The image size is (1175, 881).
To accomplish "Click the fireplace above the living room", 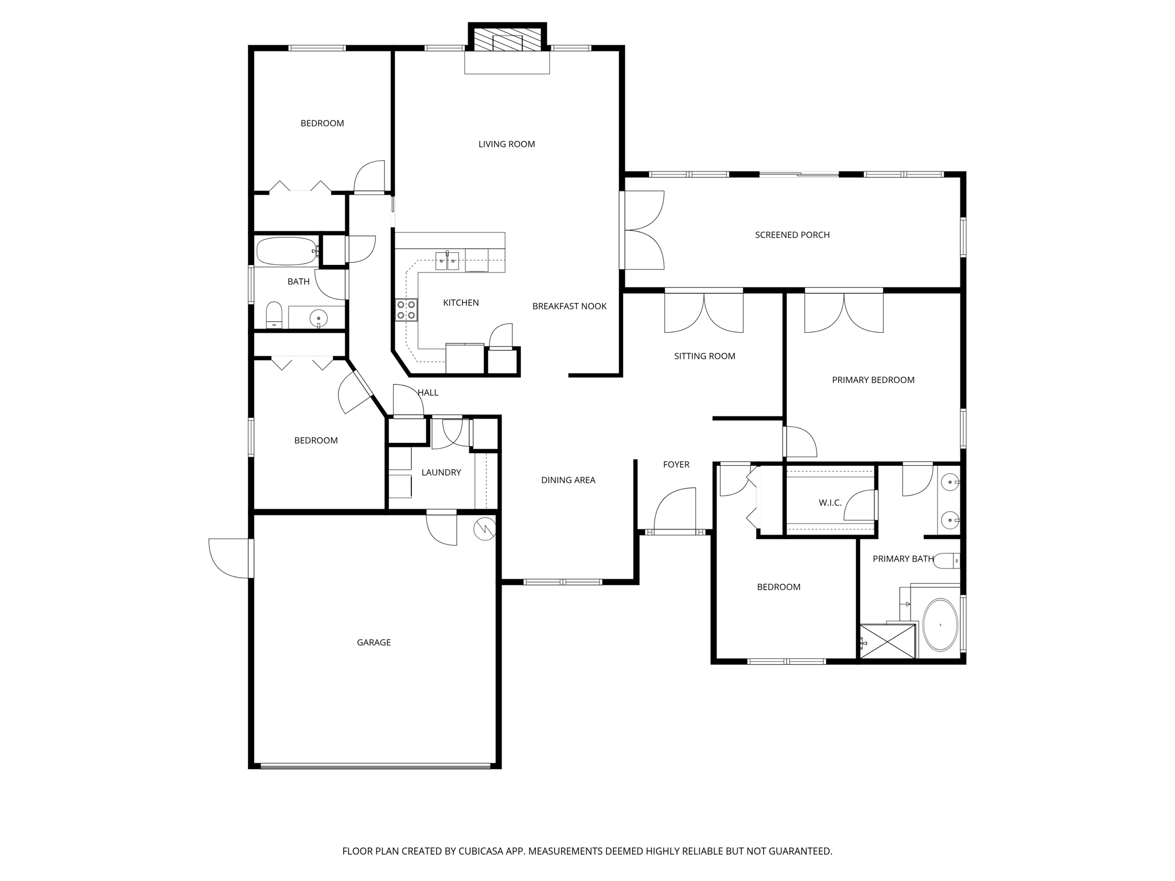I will pyautogui.click(x=507, y=40).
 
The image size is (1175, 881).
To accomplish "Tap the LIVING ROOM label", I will pyautogui.click(x=507, y=144).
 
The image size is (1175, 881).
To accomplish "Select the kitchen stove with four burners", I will pyautogui.click(x=406, y=310).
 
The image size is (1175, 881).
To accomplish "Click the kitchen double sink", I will pyautogui.click(x=447, y=262).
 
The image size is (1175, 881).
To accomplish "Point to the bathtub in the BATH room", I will pyautogui.click(x=286, y=251).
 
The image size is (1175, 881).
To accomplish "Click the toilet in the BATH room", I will pyautogui.click(x=274, y=315).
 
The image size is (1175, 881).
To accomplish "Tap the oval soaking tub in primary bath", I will pyautogui.click(x=940, y=625).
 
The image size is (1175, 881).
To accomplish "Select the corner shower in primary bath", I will pyautogui.click(x=887, y=641).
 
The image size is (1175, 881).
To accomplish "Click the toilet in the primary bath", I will pyautogui.click(x=946, y=560).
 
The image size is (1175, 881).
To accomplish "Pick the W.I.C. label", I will pyautogui.click(x=830, y=503).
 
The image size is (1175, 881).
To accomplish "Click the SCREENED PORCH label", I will pyautogui.click(x=792, y=235).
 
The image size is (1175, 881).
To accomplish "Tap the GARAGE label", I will pyautogui.click(x=373, y=642).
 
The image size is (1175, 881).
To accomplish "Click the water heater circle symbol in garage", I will pyautogui.click(x=484, y=529).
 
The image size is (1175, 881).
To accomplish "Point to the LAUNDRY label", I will pyautogui.click(x=441, y=473).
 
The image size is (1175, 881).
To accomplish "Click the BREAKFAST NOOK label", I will pyautogui.click(x=569, y=306).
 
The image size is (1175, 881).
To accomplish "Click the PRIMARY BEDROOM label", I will pyautogui.click(x=873, y=380).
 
